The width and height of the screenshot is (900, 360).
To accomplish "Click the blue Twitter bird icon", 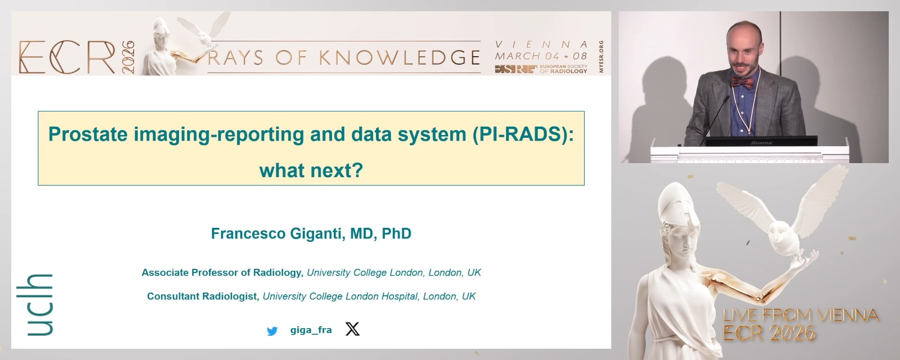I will tap(272, 331).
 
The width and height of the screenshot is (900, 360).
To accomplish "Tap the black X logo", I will tap(352, 329).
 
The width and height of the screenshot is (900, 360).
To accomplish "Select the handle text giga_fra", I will tap(311, 330).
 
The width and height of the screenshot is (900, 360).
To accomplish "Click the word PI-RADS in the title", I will tap(523, 135).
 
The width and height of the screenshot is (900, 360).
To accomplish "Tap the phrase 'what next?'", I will tap(311, 171).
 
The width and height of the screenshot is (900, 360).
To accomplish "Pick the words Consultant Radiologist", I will tap(202, 296).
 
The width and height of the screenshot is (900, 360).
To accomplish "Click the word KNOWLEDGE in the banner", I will tap(399, 58).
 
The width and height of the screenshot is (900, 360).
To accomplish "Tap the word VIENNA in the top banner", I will tap(541, 45).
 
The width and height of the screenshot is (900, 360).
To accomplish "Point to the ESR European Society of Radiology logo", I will tap(541, 69).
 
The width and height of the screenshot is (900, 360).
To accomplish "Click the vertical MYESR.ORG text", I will tap(601, 57).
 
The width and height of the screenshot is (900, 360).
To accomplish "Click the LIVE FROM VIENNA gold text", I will tap(801, 315).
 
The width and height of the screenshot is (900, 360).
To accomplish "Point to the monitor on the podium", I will tap(761, 141).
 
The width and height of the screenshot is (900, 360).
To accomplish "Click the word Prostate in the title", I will tap(88, 135).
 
